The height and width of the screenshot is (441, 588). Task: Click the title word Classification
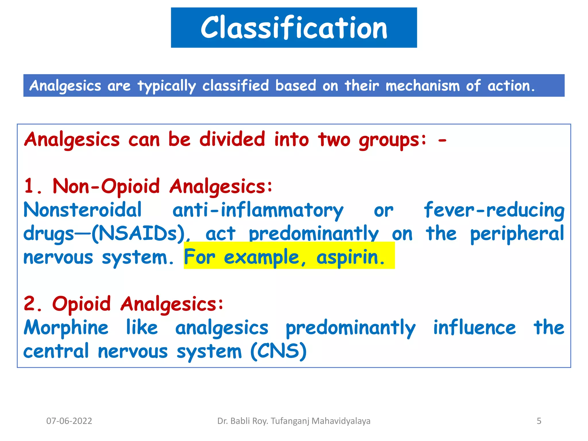[x=294, y=28]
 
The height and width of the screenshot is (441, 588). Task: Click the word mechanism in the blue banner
[x=422, y=86]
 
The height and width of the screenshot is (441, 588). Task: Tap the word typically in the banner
[x=167, y=86]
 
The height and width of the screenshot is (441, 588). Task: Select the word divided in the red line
[x=232, y=140]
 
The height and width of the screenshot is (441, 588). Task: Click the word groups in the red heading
[x=392, y=140]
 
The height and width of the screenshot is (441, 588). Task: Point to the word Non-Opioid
[x=106, y=187]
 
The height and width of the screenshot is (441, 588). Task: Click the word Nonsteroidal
[x=83, y=210]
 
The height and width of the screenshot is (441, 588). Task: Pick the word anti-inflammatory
[x=258, y=210]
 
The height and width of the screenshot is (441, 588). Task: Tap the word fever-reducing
[x=494, y=210]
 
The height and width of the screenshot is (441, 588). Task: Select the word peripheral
[x=517, y=234]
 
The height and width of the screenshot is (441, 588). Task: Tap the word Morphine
[x=66, y=328]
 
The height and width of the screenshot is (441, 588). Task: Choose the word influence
[x=474, y=328]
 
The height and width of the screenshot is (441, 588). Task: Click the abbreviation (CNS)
[x=278, y=351]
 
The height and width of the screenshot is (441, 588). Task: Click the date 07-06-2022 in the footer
[x=69, y=421]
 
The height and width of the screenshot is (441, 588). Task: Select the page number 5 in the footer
[x=539, y=421]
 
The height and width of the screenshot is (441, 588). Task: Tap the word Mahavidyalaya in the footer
[x=341, y=421]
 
